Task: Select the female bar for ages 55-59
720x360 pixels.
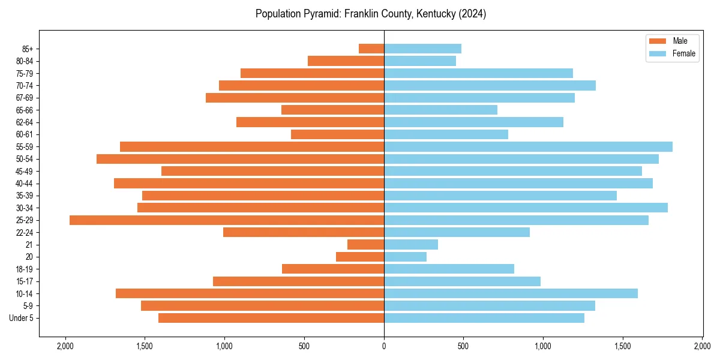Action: click(x=528, y=147)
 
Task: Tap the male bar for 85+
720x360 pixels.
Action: click(x=371, y=49)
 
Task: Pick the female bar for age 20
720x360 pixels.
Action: click(x=405, y=257)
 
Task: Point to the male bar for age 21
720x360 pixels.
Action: click(x=365, y=245)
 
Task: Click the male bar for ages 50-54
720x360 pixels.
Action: click(x=240, y=159)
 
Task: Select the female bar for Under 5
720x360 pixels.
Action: click(x=484, y=318)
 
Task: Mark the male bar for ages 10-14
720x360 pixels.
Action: click(x=250, y=293)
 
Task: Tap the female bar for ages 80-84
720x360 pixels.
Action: click(x=419, y=61)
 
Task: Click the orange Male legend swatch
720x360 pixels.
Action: click(x=658, y=41)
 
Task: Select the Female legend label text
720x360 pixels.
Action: click(x=684, y=53)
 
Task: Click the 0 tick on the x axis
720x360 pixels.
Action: click(x=384, y=346)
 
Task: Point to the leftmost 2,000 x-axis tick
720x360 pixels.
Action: click(x=65, y=346)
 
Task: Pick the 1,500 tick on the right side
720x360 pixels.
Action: click(x=623, y=346)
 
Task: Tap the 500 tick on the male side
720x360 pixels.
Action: click(x=304, y=346)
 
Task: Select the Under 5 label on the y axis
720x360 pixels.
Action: click(x=22, y=318)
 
